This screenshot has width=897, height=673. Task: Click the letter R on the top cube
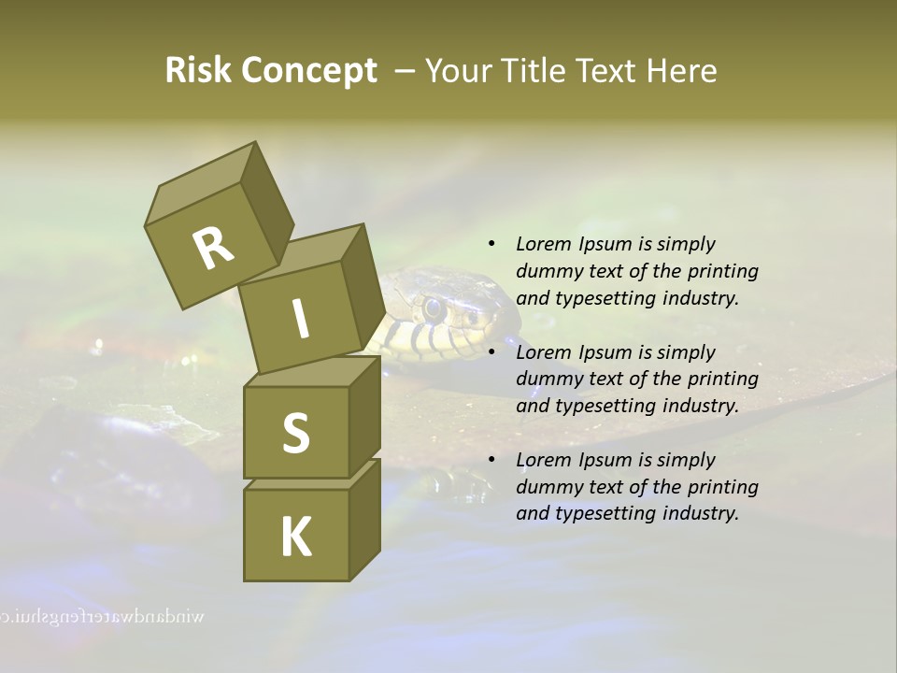(x=213, y=248)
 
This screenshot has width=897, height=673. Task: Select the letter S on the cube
(x=295, y=434)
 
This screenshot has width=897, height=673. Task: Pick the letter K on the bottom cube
(x=296, y=537)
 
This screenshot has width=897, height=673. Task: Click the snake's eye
(x=433, y=306)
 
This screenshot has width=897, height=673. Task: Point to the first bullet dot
(x=491, y=244)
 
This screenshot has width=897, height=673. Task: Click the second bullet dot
(x=491, y=352)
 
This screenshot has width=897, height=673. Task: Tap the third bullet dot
(x=491, y=460)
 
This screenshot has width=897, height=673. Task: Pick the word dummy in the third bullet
(x=548, y=487)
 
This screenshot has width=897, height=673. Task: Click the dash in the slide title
(x=406, y=71)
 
